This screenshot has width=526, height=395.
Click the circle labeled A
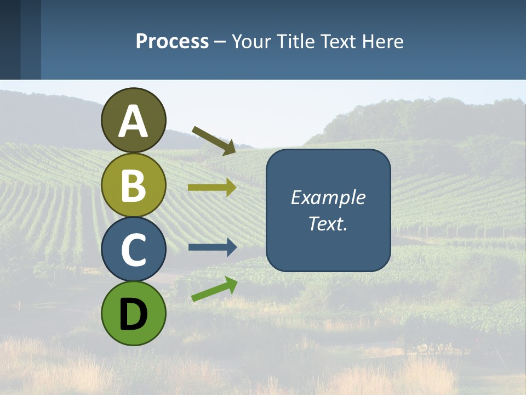pos(133,120)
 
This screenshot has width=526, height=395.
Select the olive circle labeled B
pos(133,185)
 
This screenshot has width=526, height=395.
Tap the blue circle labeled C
pos(133,249)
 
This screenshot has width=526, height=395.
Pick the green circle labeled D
pos(133,313)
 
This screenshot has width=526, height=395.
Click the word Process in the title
pos(172,41)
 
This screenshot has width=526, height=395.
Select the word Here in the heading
pos(384,41)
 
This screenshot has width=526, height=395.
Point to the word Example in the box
pos(328,198)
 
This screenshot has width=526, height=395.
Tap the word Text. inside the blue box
pos(328,223)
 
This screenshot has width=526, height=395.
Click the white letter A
pos(133,121)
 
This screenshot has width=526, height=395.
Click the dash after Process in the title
pos(220,42)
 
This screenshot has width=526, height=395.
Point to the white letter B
pos(133,185)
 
